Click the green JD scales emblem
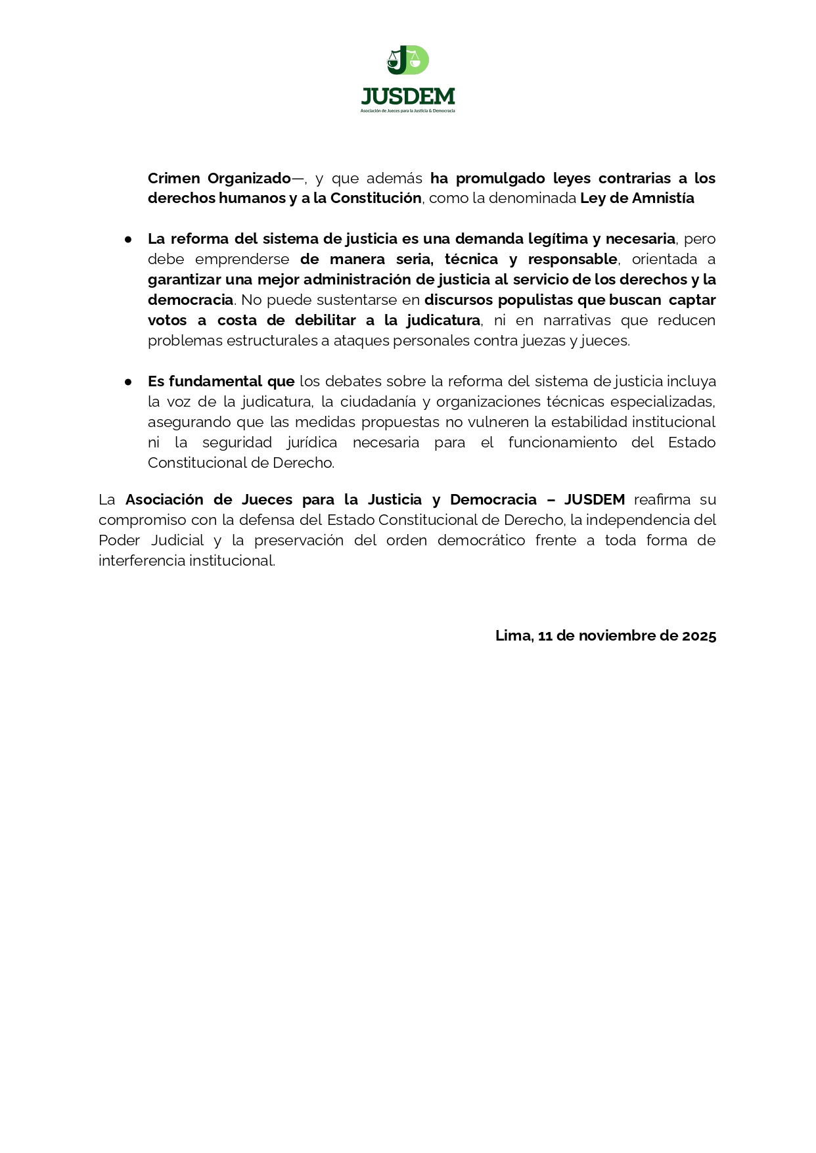point(407,60)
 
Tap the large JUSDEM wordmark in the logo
point(407,97)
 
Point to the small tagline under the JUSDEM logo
point(407,111)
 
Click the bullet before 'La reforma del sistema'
point(129,239)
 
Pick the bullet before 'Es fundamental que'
point(129,382)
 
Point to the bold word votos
point(168,320)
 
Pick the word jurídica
point(312,442)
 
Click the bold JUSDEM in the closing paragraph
point(594,499)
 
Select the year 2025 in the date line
point(699,635)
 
